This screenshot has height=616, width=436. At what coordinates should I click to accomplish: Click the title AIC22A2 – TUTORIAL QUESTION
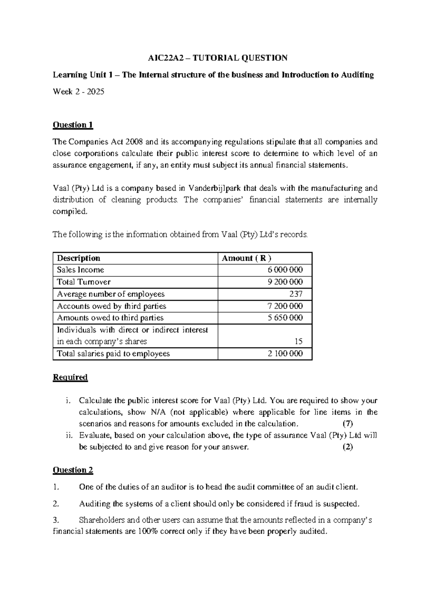218,58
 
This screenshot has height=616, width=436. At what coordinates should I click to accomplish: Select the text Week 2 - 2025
78,92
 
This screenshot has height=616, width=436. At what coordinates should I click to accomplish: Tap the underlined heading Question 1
73,125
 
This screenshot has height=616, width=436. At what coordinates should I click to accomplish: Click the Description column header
78,258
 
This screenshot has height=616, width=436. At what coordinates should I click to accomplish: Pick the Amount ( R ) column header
246,258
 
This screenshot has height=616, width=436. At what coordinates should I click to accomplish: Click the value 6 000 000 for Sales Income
285,270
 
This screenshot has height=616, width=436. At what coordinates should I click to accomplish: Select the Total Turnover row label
84,282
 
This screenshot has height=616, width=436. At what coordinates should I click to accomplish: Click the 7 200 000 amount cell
285,306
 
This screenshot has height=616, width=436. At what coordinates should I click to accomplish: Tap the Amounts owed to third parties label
110,318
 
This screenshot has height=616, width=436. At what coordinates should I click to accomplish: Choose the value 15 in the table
298,341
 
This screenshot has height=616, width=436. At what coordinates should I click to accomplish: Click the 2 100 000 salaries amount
285,353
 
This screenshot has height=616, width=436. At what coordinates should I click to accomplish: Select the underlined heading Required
70,377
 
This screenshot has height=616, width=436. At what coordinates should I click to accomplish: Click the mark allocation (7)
348,423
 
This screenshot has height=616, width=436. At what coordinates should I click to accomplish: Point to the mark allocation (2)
348,447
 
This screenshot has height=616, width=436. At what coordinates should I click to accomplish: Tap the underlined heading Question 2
73,470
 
